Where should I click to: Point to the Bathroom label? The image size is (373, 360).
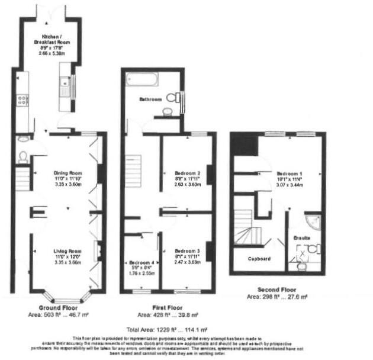150,99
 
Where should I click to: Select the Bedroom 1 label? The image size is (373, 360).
290,166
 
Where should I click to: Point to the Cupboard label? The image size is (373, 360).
259,259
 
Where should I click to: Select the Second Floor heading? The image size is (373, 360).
277,290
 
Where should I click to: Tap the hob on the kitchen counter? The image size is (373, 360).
22,99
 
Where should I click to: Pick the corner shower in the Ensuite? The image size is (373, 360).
314,222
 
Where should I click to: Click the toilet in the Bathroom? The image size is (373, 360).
172,98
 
